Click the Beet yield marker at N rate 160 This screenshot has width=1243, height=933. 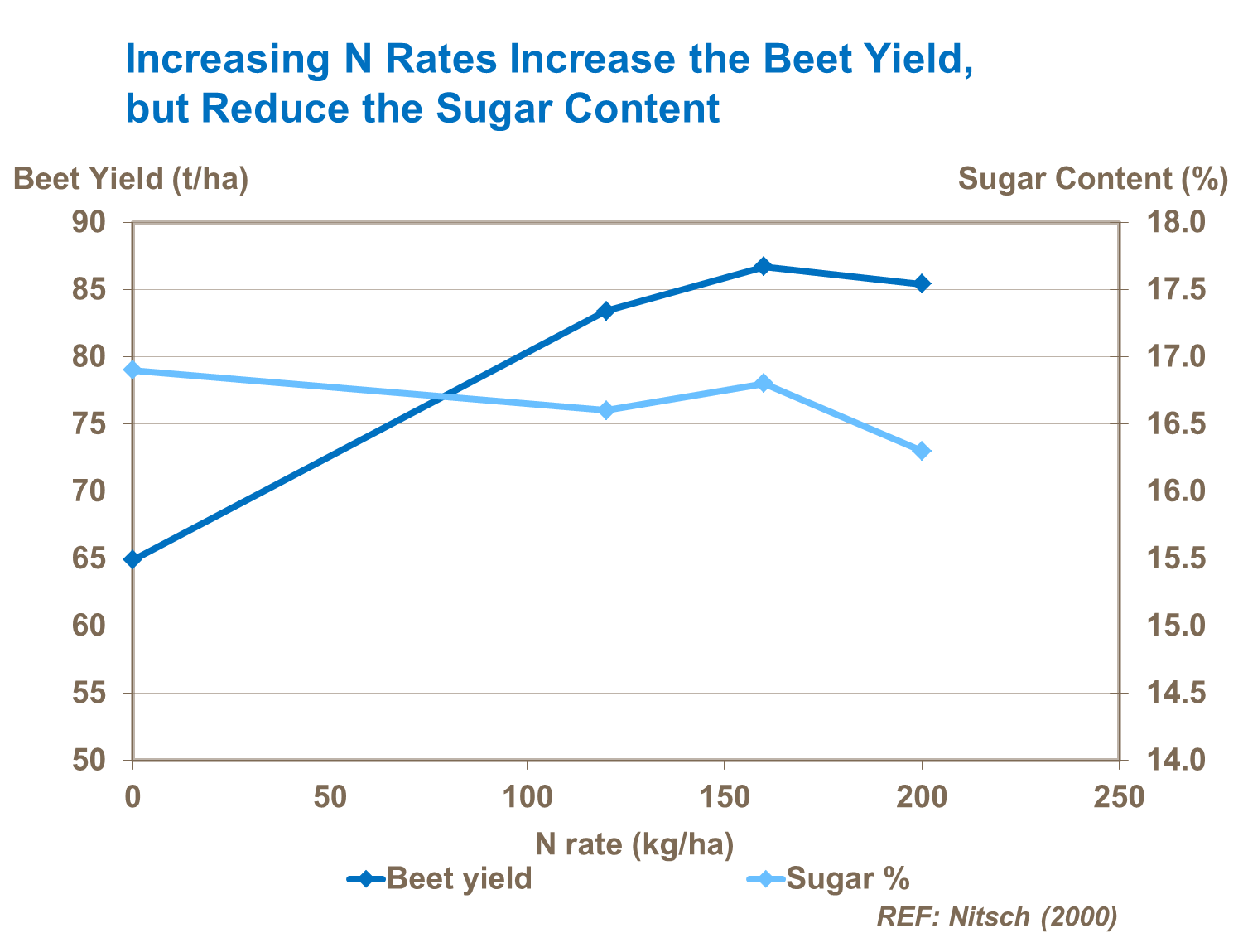click(764, 267)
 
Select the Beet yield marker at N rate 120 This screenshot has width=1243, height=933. click(605, 311)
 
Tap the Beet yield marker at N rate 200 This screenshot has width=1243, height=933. click(922, 283)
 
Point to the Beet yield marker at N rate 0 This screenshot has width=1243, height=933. click(132, 559)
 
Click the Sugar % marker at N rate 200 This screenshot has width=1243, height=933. click(922, 451)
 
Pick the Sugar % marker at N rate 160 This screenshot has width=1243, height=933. click(764, 383)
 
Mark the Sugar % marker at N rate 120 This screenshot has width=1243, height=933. click(605, 410)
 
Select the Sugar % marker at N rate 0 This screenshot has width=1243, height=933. click(132, 370)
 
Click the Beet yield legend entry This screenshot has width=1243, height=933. click(440, 878)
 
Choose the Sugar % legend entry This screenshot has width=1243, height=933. click(828, 878)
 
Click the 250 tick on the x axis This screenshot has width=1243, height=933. click(1119, 797)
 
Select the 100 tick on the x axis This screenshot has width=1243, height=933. click(528, 797)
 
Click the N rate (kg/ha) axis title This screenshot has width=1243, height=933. click(634, 844)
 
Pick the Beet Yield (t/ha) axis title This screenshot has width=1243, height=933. click(131, 179)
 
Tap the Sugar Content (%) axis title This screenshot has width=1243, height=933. click(1092, 179)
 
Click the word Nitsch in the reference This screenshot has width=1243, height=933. click(989, 916)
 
